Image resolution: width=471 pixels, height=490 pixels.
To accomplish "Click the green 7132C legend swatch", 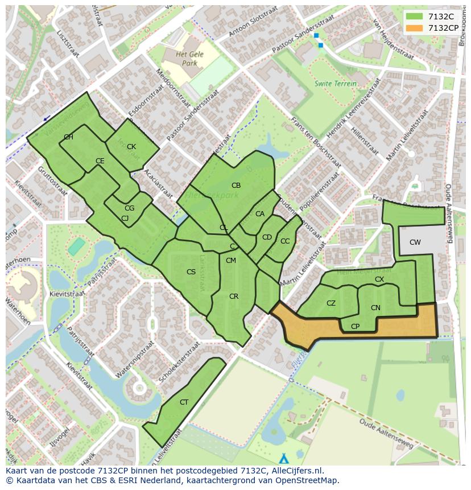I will pos(415,17).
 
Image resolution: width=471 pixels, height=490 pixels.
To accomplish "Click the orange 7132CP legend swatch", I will pos(415,28).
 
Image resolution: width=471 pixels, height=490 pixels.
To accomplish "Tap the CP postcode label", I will pos(355,327).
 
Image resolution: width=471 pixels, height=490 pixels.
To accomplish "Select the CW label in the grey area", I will pos(415,242).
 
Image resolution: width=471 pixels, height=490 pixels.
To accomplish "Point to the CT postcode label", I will pos(184,402).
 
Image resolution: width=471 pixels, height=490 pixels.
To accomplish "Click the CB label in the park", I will pos(236,186).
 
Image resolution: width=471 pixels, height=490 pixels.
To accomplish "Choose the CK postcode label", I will pos(131,147).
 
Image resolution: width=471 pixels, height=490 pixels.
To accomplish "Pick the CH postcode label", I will pos(68,137).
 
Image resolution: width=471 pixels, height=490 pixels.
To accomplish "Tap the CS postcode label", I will pos(191,272).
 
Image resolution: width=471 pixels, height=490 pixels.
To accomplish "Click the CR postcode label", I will pos(234,297).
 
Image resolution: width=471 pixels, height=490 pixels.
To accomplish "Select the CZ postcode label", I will pos(331,303).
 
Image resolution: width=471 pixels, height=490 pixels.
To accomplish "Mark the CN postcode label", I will pos(375,308).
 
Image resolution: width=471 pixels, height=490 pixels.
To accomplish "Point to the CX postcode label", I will pos(379,279).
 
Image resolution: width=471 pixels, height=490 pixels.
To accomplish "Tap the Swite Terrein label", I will pos(336,84).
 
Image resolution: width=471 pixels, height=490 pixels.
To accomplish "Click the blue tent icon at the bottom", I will pos(284,458).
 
